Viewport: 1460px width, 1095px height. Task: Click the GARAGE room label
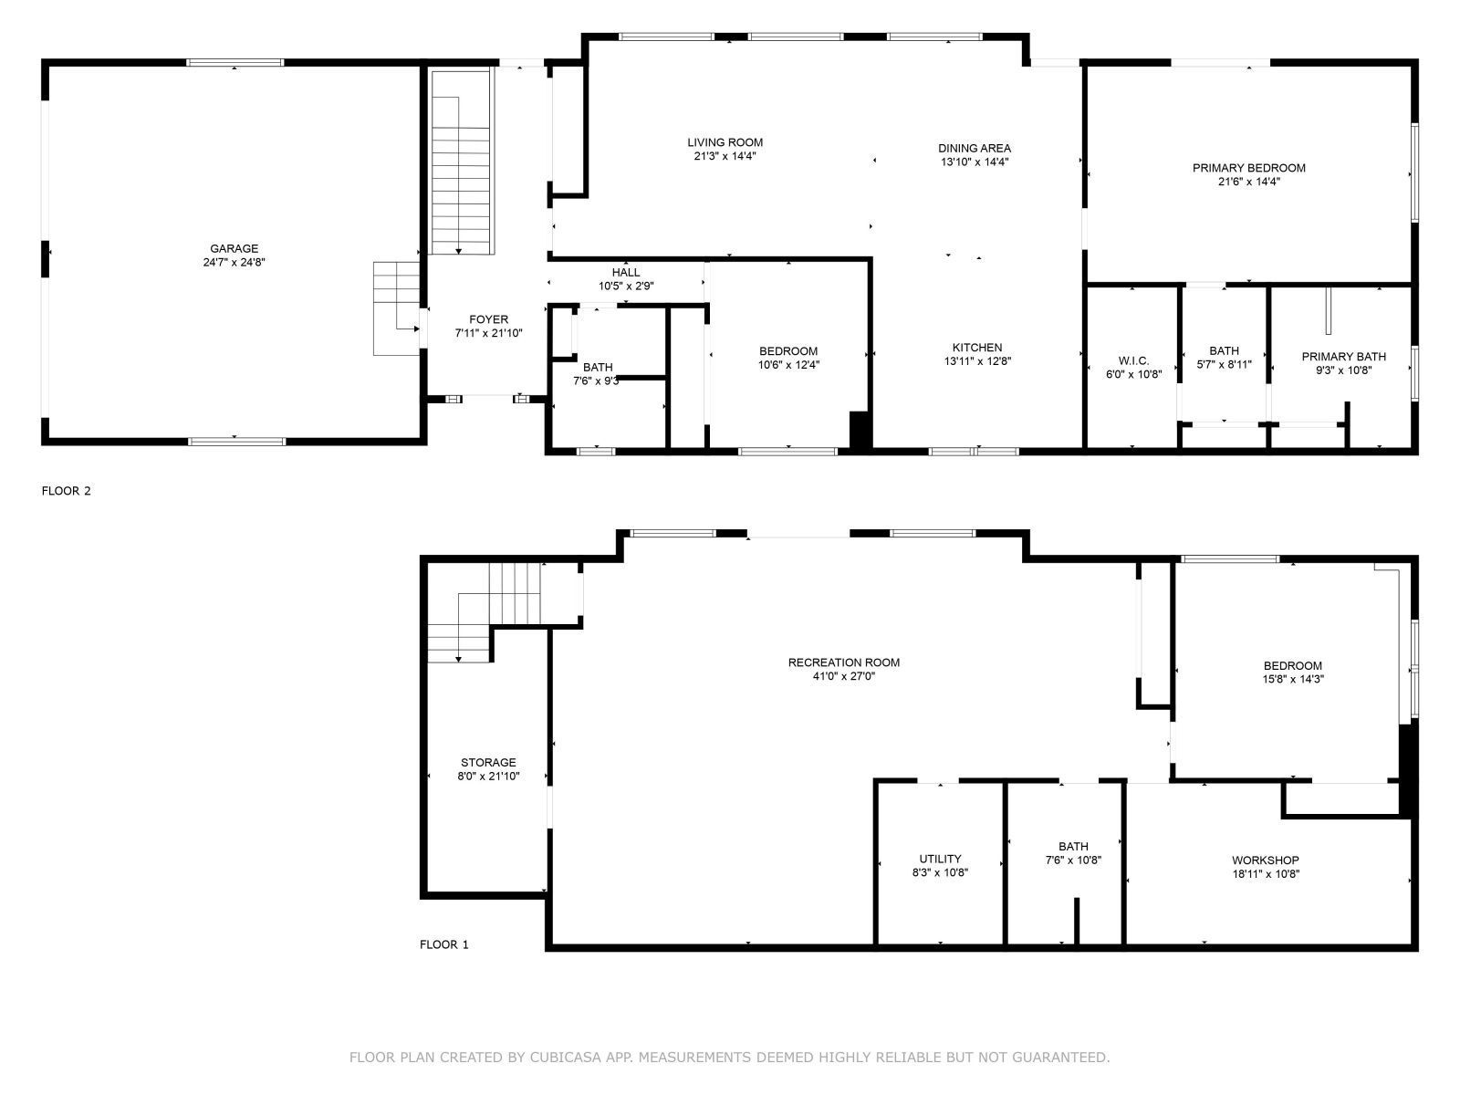coord(234,248)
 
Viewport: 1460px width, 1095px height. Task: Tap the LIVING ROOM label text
coord(725,142)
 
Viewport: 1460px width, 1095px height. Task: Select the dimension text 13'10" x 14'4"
coord(974,162)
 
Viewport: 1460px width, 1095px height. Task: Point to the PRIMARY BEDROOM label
coord(1248,168)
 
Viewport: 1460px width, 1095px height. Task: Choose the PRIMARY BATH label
coord(1343,357)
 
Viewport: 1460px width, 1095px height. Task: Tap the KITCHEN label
coord(976,348)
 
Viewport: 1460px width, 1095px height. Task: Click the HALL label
coord(625,273)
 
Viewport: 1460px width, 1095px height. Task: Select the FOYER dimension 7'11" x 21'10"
coord(488,333)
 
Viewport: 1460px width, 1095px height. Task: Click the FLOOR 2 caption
coord(67,491)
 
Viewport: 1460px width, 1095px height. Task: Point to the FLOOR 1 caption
coord(443,944)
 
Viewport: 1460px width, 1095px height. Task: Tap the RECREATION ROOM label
coord(843,662)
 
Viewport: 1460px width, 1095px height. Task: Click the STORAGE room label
coord(488,763)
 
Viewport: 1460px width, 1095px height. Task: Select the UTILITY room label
coord(940,859)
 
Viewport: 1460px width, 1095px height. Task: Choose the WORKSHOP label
coord(1265,860)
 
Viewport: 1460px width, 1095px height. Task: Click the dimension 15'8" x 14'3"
coord(1292,679)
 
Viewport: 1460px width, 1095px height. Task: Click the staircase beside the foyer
coord(462,164)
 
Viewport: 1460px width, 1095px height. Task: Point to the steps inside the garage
coord(396,308)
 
